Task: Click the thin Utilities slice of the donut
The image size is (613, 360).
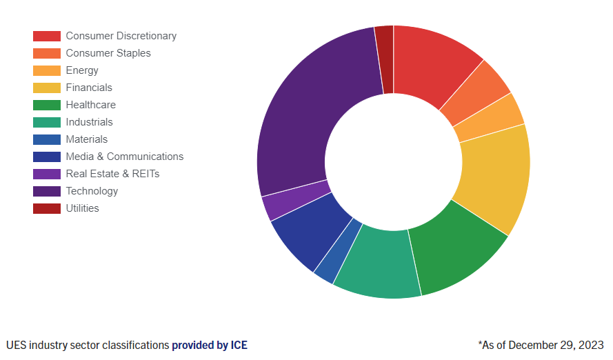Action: pos(385,59)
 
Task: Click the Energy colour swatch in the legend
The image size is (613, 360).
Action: pos(47,70)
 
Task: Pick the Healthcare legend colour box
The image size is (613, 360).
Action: pos(47,105)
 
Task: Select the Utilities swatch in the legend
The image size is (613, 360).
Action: pos(47,208)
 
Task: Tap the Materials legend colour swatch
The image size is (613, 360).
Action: pos(47,139)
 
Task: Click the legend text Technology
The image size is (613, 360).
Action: pos(92,191)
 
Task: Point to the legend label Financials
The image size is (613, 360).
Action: pos(89,88)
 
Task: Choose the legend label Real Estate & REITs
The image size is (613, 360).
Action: pos(112,174)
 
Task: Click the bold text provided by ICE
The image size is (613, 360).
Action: pos(209,345)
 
